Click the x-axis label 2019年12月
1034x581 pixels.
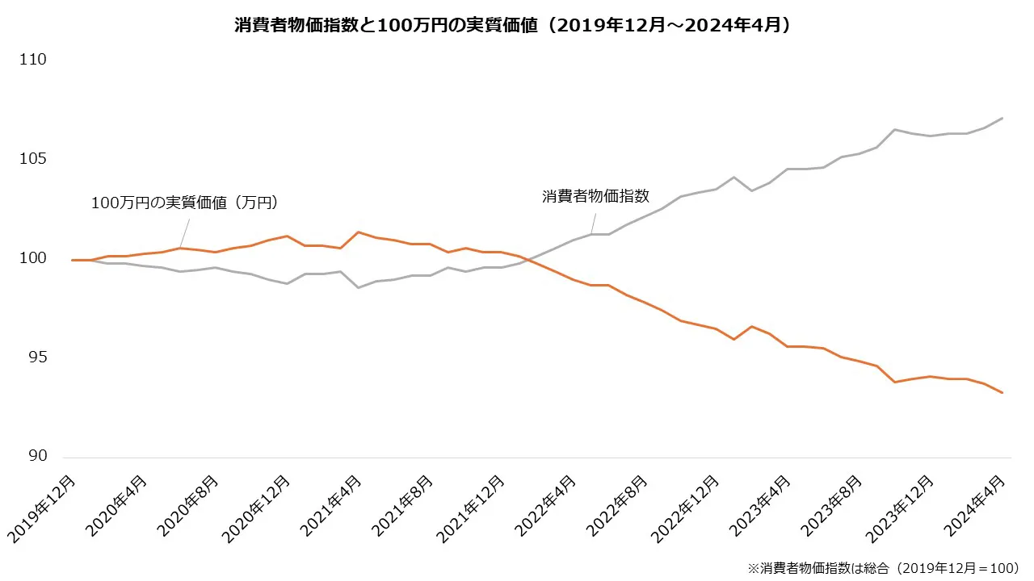tap(44, 508)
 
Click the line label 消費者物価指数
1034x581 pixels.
tap(595, 196)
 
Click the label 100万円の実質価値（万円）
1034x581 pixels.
tap(184, 203)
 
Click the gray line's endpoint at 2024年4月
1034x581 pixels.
tap(1002, 119)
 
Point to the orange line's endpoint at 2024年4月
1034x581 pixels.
tap(1002, 393)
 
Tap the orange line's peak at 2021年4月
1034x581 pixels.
tap(358, 232)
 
